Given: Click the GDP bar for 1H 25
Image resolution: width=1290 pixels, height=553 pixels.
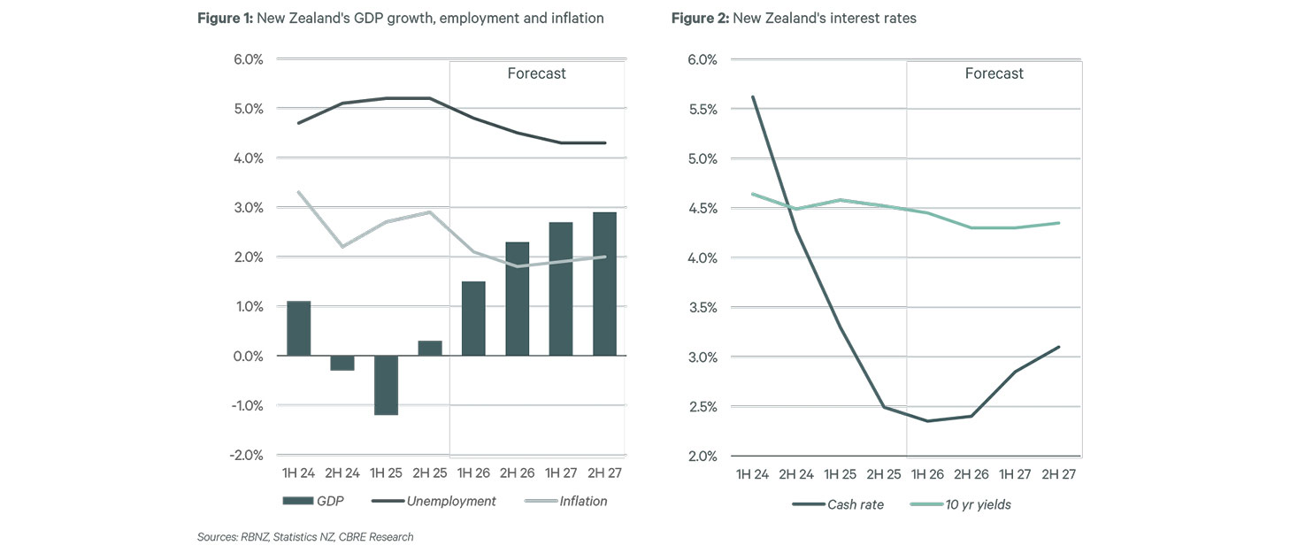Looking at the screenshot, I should click(x=385, y=385).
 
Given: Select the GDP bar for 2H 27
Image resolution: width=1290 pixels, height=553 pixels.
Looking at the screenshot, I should click(x=604, y=283).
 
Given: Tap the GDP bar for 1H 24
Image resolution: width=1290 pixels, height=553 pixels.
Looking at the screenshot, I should click(x=298, y=328).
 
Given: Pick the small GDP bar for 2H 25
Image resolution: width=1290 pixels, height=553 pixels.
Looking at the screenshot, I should click(x=429, y=348).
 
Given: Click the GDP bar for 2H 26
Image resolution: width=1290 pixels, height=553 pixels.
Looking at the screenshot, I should click(x=517, y=298).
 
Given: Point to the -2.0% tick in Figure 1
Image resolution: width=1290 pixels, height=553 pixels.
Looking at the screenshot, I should click(x=248, y=455).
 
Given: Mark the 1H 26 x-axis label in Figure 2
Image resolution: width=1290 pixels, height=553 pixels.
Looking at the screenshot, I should click(x=927, y=473).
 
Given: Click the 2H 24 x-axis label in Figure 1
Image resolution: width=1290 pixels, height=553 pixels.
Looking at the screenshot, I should click(x=342, y=473).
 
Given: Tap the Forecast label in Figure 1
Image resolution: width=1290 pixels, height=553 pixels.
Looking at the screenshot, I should click(x=536, y=73).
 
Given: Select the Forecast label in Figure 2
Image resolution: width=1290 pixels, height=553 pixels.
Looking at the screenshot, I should click(x=994, y=73).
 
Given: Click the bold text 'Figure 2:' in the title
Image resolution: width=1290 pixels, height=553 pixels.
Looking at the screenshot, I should click(x=700, y=19).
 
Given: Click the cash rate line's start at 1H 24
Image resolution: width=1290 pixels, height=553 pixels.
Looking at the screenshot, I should click(x=752, y=96).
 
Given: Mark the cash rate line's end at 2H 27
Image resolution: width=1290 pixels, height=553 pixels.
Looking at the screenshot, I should click(x=1059, y=347).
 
